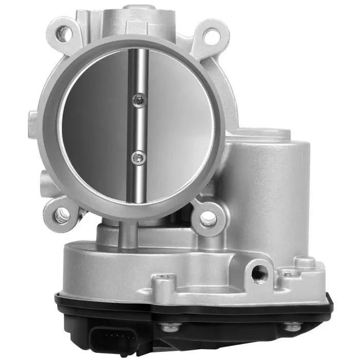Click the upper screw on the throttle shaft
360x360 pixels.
tap(139, 101)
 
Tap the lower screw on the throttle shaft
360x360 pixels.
tap(137, 158)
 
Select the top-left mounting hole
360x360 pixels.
tap(63, 34)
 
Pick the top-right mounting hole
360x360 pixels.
tap(211, 35)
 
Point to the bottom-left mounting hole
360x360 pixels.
tap(63, 214)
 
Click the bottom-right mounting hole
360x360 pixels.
tap(208, 220)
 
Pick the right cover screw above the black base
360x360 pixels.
tap(292, 326)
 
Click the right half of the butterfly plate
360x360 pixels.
tap(177, 129)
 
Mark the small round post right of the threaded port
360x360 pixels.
tap(304, 262)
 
